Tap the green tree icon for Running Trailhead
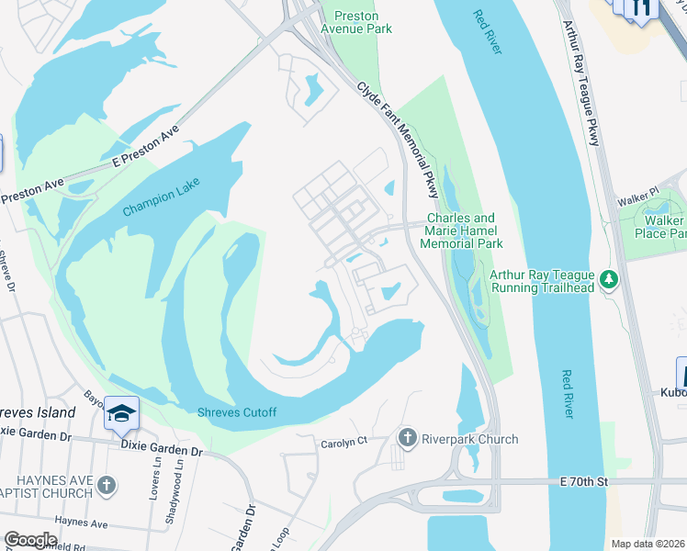pyautogui.click(x=606, y=278)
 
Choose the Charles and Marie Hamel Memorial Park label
pyautogui.click(x=460, y=231)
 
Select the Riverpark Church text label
pyautogui.click(x=469, y=439)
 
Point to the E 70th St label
pyautogui.click(x=583, y=481)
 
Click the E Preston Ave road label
pyautogui.click(x=144, y=147)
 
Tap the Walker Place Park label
pyautogui.click(x=663, y=228)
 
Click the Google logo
pyautogui.click(x=31, y=539)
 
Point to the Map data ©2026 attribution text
pyautogui.click(x=647, y=544)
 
